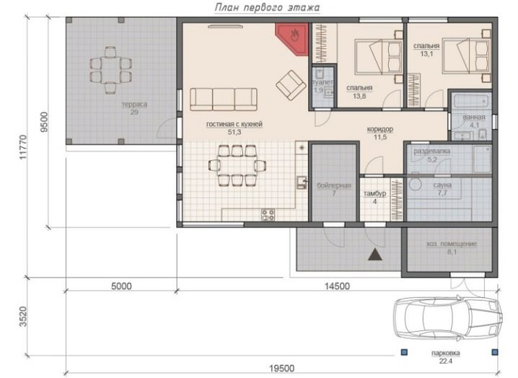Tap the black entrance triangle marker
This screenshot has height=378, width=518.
[375, 255]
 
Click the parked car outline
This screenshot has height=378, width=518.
[448, 318]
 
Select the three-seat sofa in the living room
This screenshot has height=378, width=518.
[224, 99]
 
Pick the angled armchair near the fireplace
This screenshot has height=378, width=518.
[291, 85]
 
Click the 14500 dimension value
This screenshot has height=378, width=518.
[337, 286]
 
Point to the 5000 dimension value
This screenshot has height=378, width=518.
[121, 286]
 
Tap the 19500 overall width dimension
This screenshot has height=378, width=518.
[281, 368]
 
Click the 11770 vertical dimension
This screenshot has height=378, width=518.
[23, 146]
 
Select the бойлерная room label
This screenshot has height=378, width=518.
[333, 185]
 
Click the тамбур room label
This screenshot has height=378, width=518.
[374, 193]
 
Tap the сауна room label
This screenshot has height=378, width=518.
[442, 185]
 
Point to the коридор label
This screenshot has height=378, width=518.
[380, 129]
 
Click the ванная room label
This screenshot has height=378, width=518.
[474, 118]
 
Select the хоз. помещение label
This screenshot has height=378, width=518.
[452, 244]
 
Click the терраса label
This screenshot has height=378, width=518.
[134, 105]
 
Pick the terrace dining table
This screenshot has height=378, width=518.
[110, 71]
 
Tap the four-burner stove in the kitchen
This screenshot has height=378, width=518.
[268, 215]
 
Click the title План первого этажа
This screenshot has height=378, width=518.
[267, 8]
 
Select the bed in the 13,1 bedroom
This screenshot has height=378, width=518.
[466, 55]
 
